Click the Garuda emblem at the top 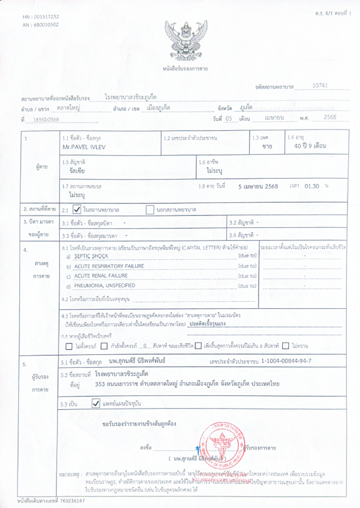point(185,40)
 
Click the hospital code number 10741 point(319,85)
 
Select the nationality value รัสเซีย point(80,170)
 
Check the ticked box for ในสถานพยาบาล point(77,209)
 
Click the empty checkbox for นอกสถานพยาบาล point(149,209)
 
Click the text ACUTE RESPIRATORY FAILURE point(108,266)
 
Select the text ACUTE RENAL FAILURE point(100,275)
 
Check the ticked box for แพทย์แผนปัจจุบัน point(96,403)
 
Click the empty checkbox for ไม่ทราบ point(285,345)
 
